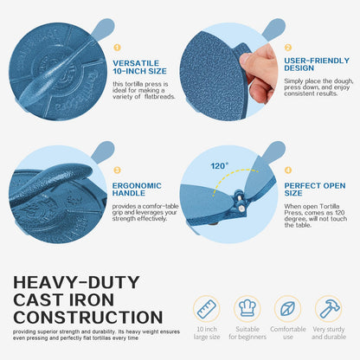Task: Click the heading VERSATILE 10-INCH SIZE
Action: [139, 67]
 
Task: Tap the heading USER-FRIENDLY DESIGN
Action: [317, 64]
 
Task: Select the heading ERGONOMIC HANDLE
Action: [137, 190]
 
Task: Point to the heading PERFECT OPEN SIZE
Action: [315, 190]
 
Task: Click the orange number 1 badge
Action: [117, 48]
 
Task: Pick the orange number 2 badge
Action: [288, 48]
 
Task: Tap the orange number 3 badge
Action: [117, 170]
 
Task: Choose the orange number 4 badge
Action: [288, 170]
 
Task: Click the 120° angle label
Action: [219, 166]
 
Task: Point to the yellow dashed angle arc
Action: [231, 172]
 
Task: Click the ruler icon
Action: [207, 309]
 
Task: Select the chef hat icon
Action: [247, 308]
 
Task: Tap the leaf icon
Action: [287, 309]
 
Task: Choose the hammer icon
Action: [329, 308]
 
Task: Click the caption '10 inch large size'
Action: [207, 333]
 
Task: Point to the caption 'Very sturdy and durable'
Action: [329, 333]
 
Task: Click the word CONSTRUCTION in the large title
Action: [88, 318]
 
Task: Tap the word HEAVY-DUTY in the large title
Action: [76, 282]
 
